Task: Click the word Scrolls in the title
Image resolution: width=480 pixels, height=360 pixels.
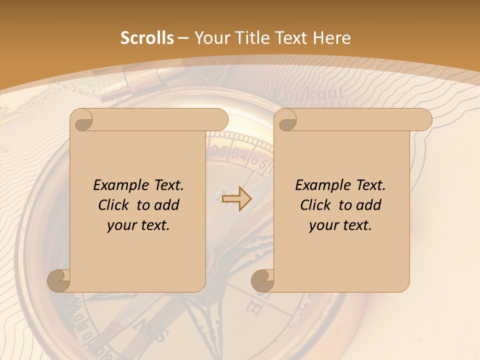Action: coord(147,38)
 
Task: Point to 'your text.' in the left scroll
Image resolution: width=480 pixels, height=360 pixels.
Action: coord(138,225)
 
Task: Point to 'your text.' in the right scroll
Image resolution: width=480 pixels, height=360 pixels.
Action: coord(340,225)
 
